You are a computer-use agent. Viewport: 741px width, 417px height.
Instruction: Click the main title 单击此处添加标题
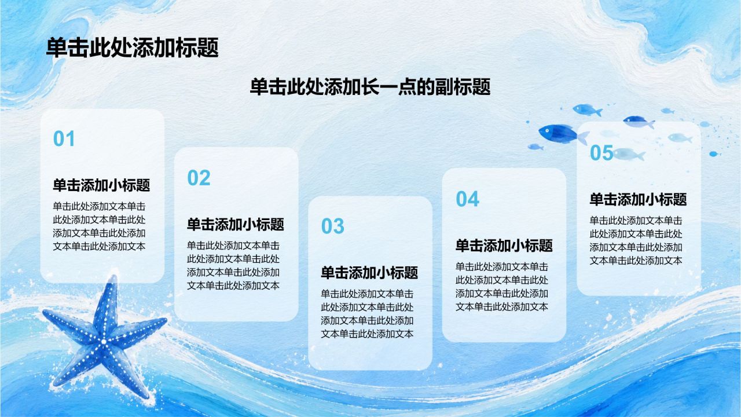pos(133,47)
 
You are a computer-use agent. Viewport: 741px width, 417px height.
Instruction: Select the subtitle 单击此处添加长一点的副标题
pos(370,87)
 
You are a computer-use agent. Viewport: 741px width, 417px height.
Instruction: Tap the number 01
pos(64,138)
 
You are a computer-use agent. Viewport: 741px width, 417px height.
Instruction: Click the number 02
pos(199,178)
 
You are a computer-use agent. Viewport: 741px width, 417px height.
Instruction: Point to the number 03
pos(333,226)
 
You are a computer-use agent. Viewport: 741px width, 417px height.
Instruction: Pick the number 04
pos(467,199)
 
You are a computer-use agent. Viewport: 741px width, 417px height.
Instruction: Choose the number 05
pos(601,152)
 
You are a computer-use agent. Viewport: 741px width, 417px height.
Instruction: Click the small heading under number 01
pos(101,185)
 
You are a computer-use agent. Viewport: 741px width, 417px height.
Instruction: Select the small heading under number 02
pos(236,224)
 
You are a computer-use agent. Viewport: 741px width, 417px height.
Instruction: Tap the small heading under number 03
pos(369,272)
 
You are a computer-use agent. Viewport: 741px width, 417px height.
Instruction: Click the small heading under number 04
pos(504,245)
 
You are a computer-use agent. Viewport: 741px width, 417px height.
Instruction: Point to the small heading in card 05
pos(639,199)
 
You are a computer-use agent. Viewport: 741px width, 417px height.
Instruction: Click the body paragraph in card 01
pos(99,226)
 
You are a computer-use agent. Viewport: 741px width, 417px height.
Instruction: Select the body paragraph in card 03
pos(367,314)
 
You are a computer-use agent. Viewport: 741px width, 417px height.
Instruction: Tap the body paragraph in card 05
pos(636,240)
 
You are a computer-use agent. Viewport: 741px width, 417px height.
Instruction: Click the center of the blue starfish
pos(104,341)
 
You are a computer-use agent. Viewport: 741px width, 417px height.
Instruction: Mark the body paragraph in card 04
pos(502,287)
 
